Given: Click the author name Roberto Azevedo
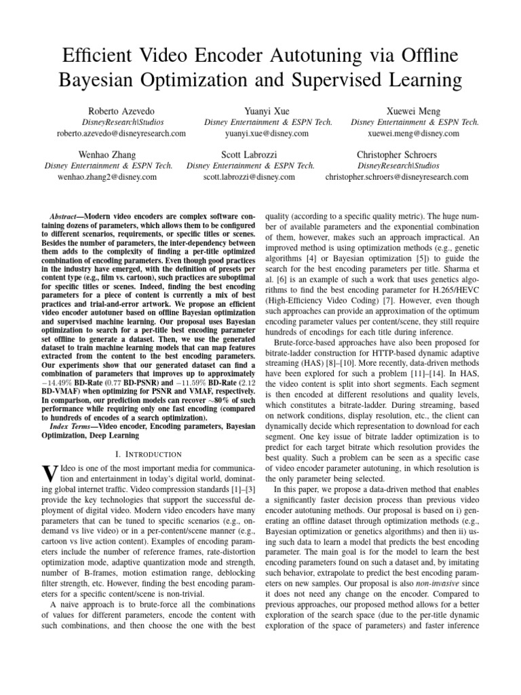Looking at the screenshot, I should [121, 110].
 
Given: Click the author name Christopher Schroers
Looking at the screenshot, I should [397, 154].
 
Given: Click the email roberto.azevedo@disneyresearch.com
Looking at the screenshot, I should [121, 134].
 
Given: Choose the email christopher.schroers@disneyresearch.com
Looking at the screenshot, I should [397, 177].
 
